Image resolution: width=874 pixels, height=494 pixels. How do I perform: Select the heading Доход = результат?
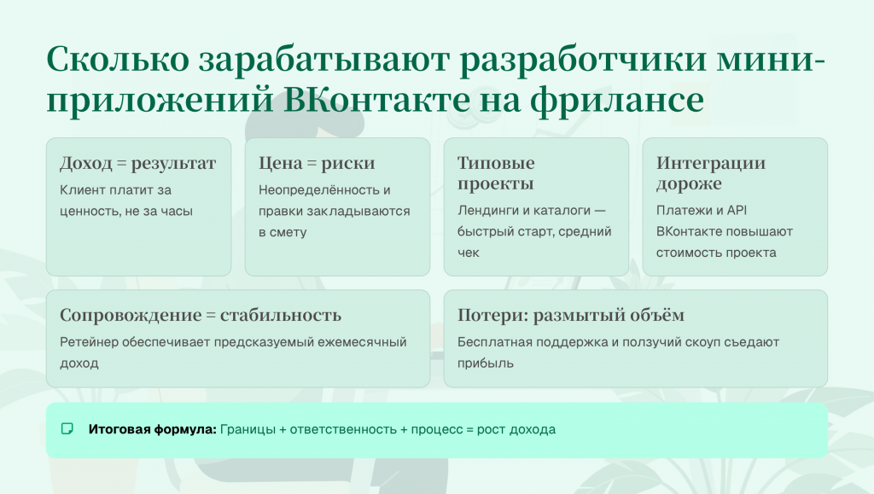tap(137, 163)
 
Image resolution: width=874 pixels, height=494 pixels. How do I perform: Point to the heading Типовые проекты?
tap(496, 173)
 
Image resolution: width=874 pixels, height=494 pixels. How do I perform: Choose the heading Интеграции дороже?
tap(710, 173)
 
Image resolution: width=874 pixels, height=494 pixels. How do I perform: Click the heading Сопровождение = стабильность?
tap(201, 315)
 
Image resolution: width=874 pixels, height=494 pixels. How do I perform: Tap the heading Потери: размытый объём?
tap(570, 315)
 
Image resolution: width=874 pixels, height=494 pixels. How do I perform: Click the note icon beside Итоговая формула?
tap(67, 429)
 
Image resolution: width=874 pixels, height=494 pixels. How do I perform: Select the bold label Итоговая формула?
tap(153, 429)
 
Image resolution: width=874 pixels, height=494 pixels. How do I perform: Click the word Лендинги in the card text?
tap(488, 211)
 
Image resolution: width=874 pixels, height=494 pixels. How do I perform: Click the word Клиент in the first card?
tap(79, 190)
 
